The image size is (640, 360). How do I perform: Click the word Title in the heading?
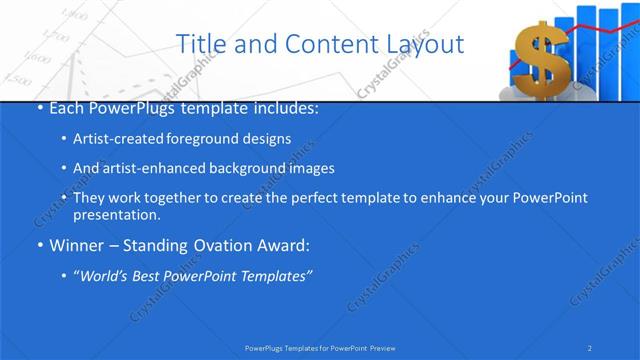point(200,44)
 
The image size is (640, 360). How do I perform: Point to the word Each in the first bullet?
point(67,107)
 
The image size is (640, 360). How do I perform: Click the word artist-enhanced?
point(147,168)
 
